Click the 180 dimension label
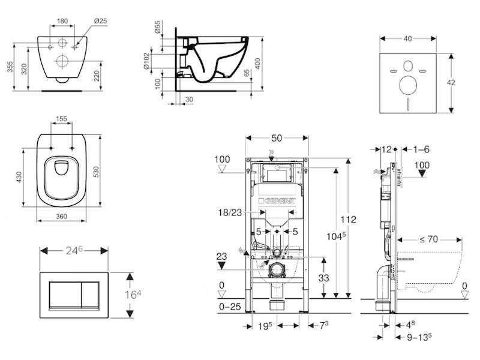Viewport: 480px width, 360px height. [62, 21]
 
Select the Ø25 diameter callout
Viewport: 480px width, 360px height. [100, 21]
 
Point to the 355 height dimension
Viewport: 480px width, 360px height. [10, 67]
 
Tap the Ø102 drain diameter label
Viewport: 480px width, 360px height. [146, 61]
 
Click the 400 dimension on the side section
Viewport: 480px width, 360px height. [257, 64]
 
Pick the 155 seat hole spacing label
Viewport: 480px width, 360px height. [62, 119]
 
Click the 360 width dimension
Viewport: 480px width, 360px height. [62, 217]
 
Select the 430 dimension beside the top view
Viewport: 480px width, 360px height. [19, 177]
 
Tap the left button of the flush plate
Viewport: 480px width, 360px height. [65, 294]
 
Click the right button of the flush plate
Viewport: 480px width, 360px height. [90, 294]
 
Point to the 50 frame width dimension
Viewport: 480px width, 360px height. [277, 138]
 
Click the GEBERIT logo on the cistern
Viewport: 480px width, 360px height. [277, 201]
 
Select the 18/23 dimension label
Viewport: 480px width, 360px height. [230, 212]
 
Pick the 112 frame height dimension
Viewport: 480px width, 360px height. [349, 220]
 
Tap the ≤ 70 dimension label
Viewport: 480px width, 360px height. [428, 239]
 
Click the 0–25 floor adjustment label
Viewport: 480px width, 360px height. [230, 307]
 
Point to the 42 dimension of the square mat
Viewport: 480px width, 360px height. [451, 82]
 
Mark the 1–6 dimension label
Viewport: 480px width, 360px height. [421, 149]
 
